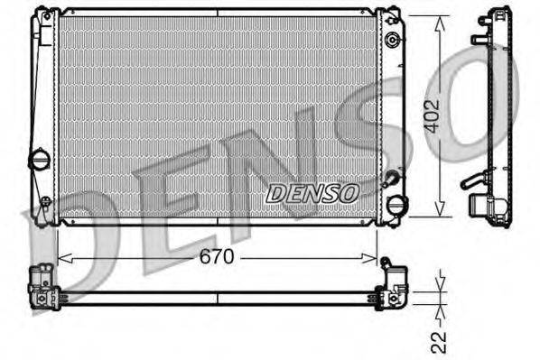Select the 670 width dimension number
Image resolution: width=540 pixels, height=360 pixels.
coord(217,257)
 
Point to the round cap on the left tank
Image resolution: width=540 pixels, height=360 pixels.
coord(41,160)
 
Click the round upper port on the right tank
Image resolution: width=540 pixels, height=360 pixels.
coord(391,41)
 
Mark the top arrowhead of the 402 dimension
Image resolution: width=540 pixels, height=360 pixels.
coord(439,20)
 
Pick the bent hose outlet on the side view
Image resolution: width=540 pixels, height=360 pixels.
coord(473,180)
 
